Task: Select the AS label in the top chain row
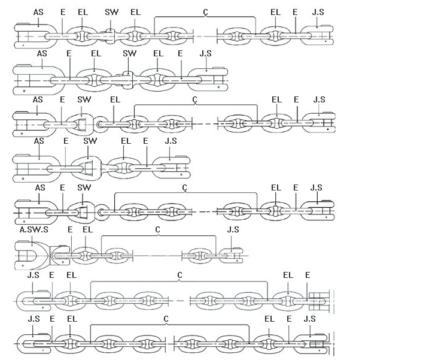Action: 38,12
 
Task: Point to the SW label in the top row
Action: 112,12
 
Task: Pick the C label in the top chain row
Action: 206,11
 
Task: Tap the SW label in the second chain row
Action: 130,54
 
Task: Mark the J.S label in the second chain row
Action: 205,54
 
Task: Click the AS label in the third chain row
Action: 38,99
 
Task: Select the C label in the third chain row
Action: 195,99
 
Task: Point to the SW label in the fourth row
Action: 90,141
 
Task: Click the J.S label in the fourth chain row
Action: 171,141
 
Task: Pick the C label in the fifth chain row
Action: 185,187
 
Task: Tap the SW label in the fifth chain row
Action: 84,187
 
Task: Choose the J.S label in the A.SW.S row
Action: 233,229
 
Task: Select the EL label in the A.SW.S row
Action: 87,229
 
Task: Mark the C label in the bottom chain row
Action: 166,319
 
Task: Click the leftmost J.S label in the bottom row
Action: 34,319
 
